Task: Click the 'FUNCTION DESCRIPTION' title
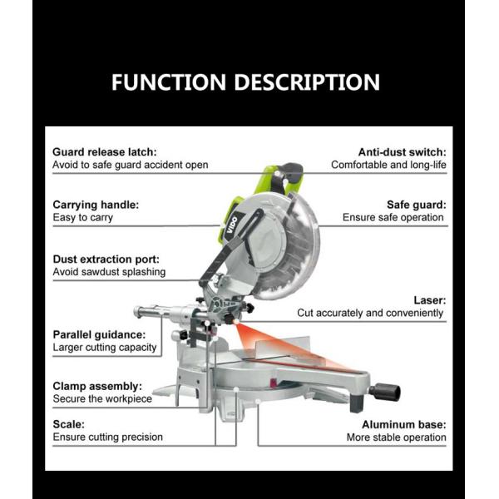coord(245,82)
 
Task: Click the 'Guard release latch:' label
coord(105,152)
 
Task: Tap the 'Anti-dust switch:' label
coord(403,152)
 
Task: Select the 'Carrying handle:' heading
coord(96,205)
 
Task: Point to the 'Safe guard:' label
coord(417,205)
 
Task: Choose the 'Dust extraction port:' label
coord(106,259)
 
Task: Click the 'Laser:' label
coord(430,300)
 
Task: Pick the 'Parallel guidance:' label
coord(99,334)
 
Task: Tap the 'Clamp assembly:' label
coord(97,386)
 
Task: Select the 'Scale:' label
coord(69,424)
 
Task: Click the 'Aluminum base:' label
coord(404,424)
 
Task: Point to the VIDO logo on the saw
coord(232,225)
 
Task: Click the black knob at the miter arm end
coord(384,393)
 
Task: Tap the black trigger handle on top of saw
coord(292,175)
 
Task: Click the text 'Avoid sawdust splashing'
coord(109,272)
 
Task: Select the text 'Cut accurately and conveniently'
coord(370,313)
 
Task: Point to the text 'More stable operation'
coord(396,437)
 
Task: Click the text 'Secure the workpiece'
coord(102,398)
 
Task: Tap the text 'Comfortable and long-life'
coord(388,165)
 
